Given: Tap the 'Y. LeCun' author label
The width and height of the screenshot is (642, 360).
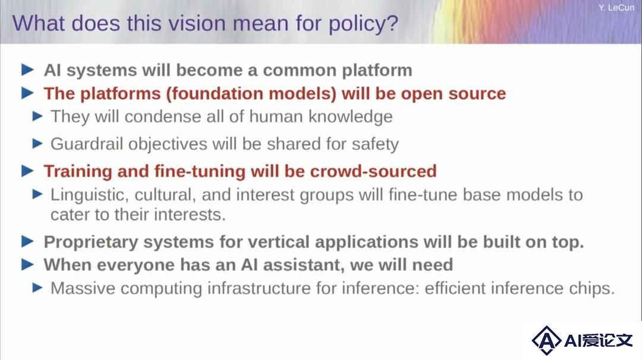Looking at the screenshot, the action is point(616,7).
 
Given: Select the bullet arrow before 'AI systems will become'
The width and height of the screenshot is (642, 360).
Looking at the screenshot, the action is point(27,70).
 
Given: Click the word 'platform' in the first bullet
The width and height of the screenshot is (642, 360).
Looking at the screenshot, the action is point(377,71).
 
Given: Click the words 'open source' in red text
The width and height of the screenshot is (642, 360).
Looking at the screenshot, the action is point(453,94).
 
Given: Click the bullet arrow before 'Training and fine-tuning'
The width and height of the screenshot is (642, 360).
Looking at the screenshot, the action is point(27,170).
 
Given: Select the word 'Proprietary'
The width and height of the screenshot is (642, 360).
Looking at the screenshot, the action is point(91,242).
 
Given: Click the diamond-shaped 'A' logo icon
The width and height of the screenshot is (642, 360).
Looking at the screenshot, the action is point(546,340).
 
